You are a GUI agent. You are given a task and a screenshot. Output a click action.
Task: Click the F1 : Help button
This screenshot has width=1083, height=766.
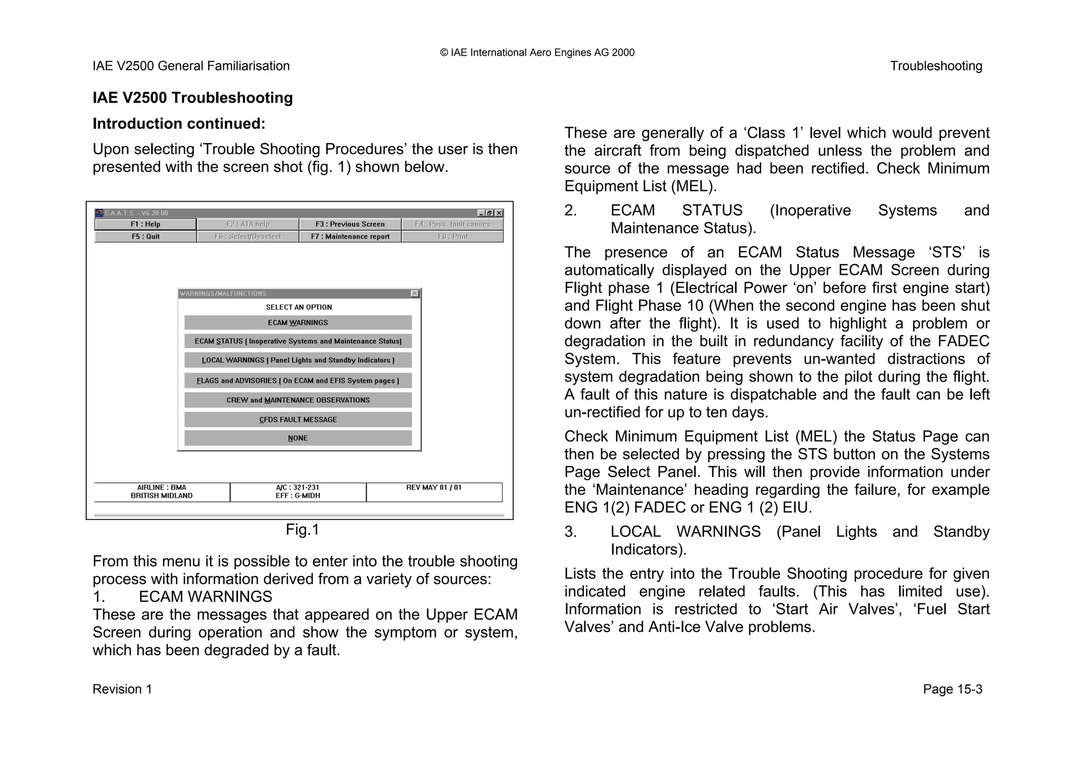[x=145, y=224]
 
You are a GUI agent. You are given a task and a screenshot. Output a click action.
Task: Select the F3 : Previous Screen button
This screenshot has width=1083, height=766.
[x=350, y=224]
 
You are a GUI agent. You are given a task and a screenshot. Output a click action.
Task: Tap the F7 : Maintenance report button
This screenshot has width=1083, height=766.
[x=350, y=237]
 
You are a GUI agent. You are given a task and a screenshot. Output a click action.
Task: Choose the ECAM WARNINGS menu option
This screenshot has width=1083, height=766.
[x=298, y=323]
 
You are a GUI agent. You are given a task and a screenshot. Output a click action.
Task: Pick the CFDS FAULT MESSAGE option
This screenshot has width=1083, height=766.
[x=298, y=420]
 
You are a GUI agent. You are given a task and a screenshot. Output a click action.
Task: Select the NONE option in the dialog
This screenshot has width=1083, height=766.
[x=298, y=438]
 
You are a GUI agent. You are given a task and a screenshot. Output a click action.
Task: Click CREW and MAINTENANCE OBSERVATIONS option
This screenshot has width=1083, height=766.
[x=298, y=400]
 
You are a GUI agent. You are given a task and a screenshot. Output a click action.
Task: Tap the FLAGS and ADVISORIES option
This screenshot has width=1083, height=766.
[x=298, y=381]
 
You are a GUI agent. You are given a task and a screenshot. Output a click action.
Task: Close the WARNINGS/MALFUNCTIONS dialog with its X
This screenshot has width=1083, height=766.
[x=415, y=294]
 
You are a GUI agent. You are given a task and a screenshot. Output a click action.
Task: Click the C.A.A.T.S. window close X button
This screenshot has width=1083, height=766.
[x=499, y=213]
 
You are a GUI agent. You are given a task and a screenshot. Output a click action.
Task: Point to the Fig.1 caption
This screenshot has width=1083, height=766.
[x=302, y=530]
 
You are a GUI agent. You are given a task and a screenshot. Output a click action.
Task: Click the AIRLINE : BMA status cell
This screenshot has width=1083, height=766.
[x=162, y=492]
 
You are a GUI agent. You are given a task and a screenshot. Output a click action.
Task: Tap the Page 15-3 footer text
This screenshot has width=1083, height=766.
[x=952, y=689]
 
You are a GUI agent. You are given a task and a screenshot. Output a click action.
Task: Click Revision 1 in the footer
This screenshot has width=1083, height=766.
[x=122, y=689]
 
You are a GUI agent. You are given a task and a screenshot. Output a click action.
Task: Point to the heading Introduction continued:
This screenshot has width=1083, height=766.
[x=179, y=124]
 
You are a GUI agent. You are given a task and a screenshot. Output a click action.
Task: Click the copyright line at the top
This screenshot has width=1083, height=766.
[x=537, y=52]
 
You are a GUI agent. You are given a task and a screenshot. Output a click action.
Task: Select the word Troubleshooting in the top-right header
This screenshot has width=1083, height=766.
[x=935, y=66]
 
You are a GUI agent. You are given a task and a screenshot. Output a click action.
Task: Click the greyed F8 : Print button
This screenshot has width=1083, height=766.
[x=453, y=237]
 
